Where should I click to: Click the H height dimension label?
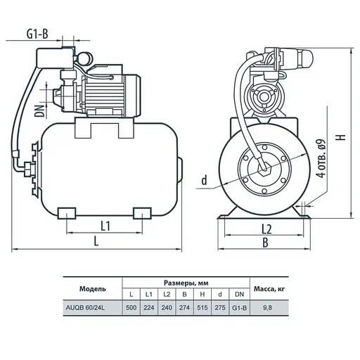click(340, 138)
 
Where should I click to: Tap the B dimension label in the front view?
click(266, 243)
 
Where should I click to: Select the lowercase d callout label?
click(204, 181)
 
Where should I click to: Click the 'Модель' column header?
click(92, 288)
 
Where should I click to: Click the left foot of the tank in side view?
click(67, 213)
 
